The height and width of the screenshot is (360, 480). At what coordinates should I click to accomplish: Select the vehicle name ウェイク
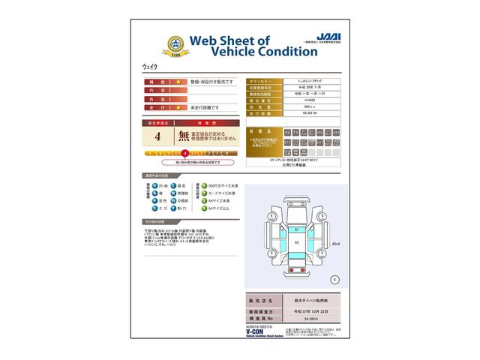(151, 67)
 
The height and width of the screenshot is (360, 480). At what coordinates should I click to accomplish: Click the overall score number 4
(157, 137)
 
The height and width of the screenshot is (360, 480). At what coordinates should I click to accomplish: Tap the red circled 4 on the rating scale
(184, 153)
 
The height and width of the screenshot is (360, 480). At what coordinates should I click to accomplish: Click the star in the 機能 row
(178, 80)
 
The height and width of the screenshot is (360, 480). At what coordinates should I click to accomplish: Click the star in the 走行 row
(178, 107)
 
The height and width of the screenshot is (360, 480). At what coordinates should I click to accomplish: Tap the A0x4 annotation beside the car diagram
(337, 244)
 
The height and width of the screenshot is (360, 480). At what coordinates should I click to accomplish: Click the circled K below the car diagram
(334, 278)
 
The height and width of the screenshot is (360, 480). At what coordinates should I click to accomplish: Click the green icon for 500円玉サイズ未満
(200, 184)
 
